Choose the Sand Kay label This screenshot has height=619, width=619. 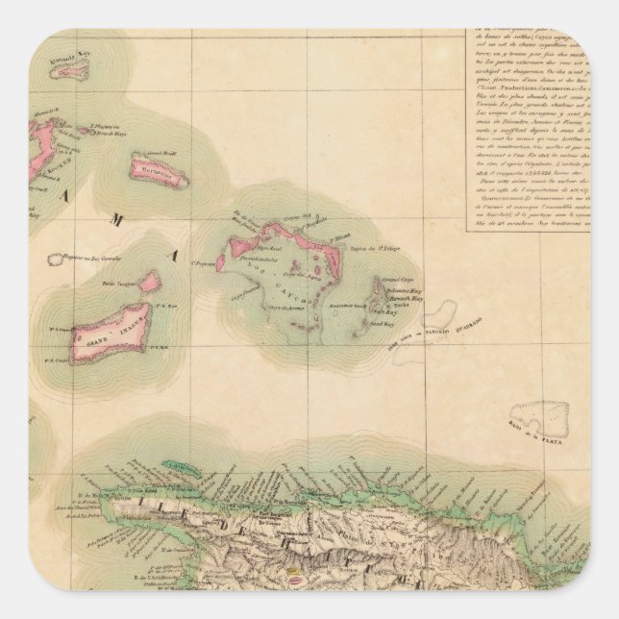[x=398, y=326]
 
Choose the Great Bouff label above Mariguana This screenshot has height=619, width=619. [x=159, y=151]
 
